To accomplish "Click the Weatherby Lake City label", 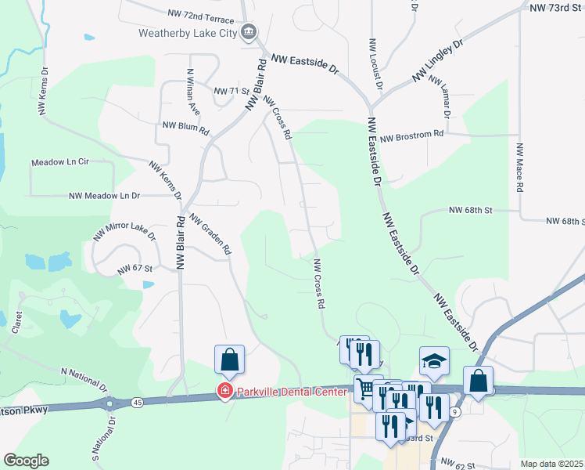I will tap(188, 33).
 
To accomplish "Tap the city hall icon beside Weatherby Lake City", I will tap(249, 32).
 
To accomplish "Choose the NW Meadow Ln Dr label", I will tap(104, 196).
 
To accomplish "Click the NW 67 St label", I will tap(134, 268).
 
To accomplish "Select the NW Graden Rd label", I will tap(210, 236).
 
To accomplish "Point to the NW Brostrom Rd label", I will tap(412, 134).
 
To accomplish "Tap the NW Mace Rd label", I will tap(519, 167).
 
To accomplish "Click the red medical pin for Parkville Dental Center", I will tap(224, 392).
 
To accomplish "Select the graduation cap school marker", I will tap(434, 360).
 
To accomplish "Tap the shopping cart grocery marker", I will tap(365, 389).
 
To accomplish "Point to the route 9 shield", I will tap(455, 410).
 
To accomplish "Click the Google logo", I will tap(26, 461).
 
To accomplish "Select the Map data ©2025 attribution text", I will tap(551, 464).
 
